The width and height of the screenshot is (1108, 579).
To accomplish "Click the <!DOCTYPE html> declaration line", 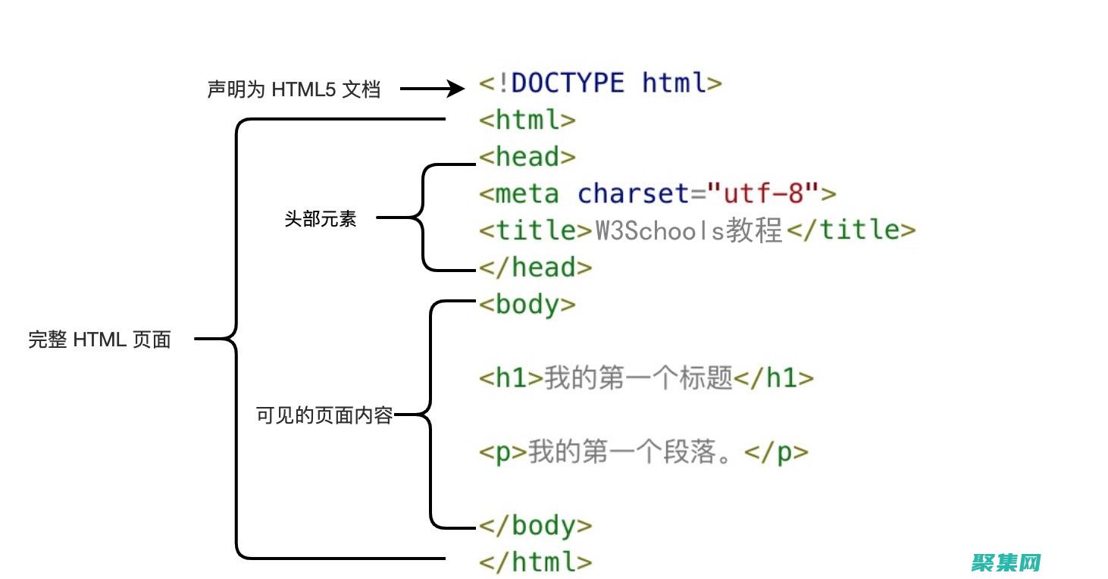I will click(600, 83).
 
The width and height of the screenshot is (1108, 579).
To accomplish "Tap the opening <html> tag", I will click(527, 120).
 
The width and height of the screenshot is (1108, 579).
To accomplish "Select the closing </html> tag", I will click(535, 562).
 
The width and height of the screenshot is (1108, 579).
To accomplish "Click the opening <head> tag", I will click(527, 157).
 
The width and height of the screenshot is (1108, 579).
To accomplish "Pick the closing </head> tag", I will click(535, 267).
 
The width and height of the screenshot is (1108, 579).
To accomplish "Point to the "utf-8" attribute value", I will click(763, 193).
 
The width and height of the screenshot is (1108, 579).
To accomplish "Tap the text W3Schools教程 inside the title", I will click(687, 230).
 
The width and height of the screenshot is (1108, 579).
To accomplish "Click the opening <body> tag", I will click(527, 305).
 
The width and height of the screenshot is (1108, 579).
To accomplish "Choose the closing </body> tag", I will click(535, 525).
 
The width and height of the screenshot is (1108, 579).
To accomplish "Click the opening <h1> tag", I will click(512, 378).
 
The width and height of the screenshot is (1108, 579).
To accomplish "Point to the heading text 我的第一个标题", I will click(639, 378).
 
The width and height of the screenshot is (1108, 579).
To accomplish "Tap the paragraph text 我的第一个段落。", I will click(635, 452).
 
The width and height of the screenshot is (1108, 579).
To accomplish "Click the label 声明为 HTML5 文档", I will click(293, 89).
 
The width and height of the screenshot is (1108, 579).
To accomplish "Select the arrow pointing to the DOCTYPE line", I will click(431, 89).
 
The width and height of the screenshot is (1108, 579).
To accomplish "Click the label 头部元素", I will click(321, 220).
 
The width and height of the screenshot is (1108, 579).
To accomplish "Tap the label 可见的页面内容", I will click(324, 415).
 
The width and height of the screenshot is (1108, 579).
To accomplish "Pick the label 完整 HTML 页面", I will click(99, 340).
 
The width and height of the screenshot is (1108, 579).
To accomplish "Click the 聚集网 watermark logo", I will click(1005, 562).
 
